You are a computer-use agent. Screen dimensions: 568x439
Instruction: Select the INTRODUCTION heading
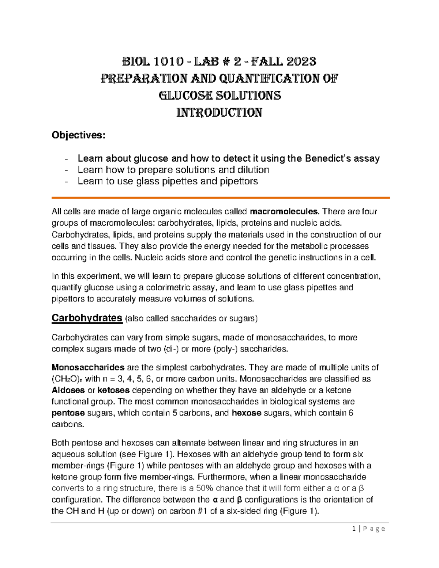(219, 112)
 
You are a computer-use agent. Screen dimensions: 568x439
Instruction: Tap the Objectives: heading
(78, 135)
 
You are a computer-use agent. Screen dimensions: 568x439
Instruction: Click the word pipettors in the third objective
(239, 181)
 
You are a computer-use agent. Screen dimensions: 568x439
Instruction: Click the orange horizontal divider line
(221, 198)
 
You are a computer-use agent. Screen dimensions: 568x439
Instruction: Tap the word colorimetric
(169, 287)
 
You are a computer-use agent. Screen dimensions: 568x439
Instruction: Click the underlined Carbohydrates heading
(87, 318)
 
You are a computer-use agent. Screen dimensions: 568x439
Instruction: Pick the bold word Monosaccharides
(88, 367)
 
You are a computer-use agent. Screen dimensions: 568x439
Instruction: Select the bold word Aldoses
(68, 390)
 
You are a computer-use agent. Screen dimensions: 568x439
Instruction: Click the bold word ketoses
(113, 390)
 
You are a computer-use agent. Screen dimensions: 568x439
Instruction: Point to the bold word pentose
(68, 413)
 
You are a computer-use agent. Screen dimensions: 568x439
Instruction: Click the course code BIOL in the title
(136, 61)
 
